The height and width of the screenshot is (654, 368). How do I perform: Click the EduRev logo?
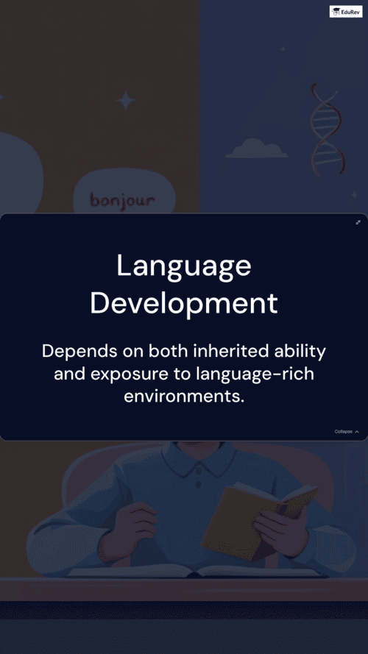coord(346,11)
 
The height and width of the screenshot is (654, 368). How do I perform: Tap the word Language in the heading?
coord(184,266)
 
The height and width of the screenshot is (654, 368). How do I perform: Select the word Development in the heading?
coord(184,303)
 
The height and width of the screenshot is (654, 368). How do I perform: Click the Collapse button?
coord(347,431)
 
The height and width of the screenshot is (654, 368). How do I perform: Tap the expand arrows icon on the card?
coord(358,222)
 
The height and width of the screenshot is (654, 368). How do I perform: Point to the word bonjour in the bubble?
coord(123,201)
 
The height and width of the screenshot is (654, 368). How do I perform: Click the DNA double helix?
coord(327,129)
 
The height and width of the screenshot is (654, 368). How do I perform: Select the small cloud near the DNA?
coord(256,149)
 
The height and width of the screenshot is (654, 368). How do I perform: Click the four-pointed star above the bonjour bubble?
coord(126,101)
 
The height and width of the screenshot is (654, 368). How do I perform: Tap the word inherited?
coord(230,351)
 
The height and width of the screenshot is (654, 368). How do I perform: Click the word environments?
coord(183,396)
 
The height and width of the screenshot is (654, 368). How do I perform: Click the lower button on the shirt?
coord(198,484)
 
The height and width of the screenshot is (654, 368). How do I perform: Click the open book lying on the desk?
coord(194,571)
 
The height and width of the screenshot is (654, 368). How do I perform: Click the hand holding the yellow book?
coord(281,528)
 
